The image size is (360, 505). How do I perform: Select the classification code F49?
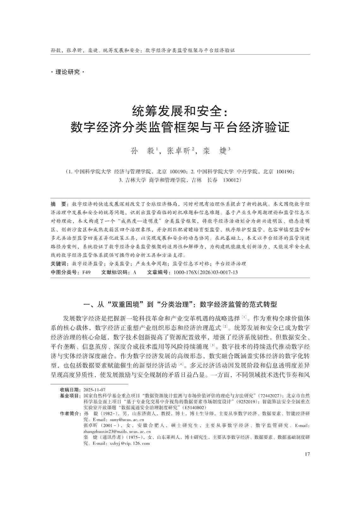click(86, 272)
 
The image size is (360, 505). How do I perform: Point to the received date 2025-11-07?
click(94, 390)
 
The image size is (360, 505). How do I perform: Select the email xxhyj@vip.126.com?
click(129, 443)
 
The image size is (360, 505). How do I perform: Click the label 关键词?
click(60, 264)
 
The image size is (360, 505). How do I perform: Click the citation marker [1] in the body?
click(244, 316)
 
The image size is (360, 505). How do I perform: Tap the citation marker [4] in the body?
click(181, 364)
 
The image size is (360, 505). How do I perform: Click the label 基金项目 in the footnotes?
click(70, 395)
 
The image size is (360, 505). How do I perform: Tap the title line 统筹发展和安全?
click(180, 111)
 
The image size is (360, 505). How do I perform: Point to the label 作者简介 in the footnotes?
click(70, 413)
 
